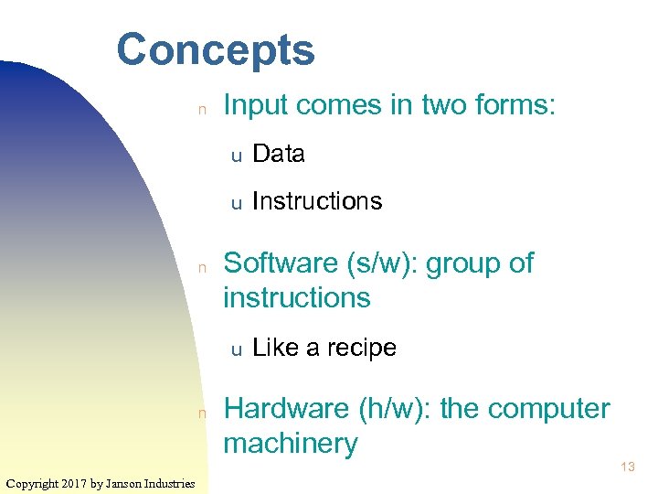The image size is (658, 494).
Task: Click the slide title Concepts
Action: [216, 50]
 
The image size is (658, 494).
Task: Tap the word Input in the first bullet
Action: [255, 106]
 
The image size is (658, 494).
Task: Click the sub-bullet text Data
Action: [278, 154]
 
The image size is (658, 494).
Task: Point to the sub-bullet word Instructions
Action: [316, 201]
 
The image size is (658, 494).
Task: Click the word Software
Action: [281, 263]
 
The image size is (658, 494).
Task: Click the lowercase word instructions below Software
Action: [297, 298]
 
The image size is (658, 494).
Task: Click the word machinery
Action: [290, 445]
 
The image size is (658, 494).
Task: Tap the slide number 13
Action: [627, 467]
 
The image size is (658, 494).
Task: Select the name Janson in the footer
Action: [126, 483]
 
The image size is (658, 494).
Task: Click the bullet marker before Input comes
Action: [205, 109]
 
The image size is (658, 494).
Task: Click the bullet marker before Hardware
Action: [205, 413]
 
